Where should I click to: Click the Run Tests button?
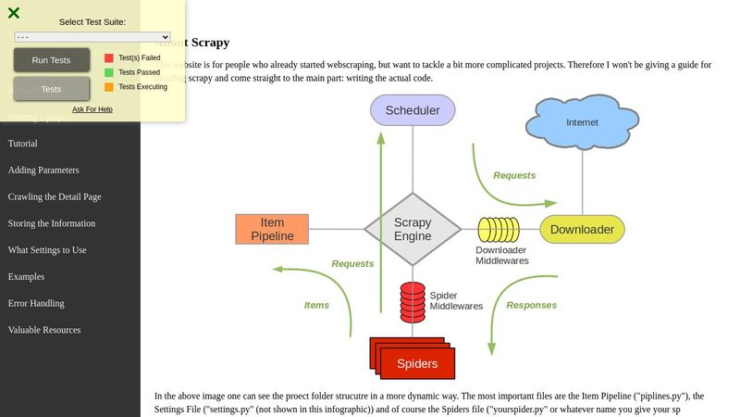coord(52,60)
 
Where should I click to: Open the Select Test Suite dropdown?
coord(92,37)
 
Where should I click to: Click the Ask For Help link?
coord(92,109)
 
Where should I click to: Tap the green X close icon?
coord(14,13)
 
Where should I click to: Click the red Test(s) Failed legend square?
coord(109,57)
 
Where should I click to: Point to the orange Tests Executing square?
coord(109,87)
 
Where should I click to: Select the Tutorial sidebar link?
coord(23,144)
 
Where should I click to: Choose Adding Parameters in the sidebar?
coord(43,171)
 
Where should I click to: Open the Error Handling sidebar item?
coord(36,303)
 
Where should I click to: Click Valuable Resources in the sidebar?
coord(44,330)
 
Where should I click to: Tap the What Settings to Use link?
coord(47,250)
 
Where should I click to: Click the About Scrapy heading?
coord(192,43)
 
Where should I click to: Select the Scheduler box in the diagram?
coord(413,110)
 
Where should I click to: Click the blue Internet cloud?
coord(582,121)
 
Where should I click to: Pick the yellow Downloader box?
coord(582,230)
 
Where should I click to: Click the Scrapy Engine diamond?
coord(413,229)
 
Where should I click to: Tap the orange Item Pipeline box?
coord(272,229)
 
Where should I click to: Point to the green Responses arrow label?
coord(532,305)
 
